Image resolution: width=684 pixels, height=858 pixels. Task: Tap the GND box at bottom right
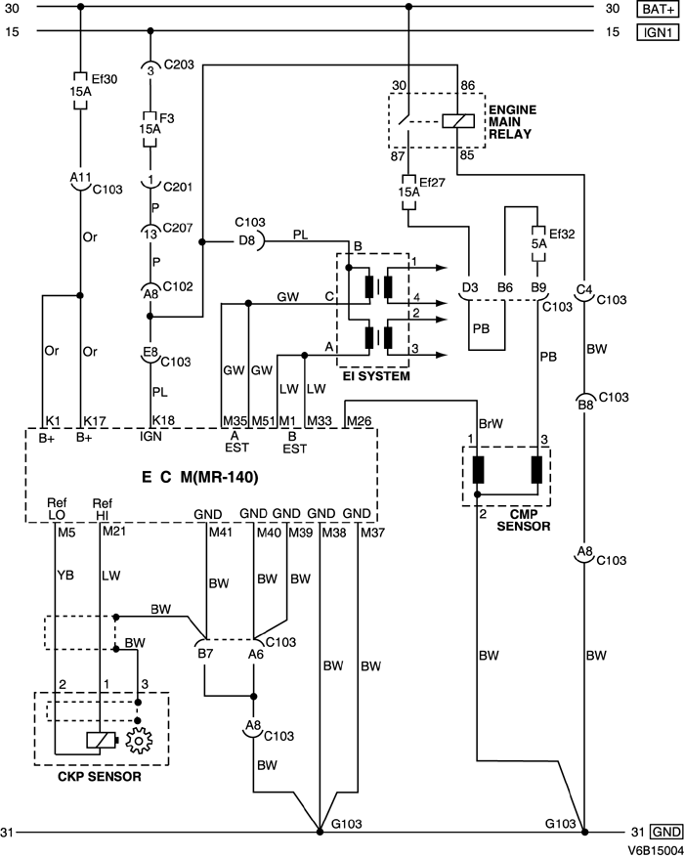(x=664, y=833)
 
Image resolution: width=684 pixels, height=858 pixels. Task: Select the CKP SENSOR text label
(x=101, y=778)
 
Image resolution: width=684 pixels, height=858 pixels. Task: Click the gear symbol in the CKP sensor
(x=139, y=743)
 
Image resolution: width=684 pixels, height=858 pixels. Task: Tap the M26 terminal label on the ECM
(x=359, y=420)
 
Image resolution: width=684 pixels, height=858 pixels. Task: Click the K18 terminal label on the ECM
(x=163, y=420)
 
